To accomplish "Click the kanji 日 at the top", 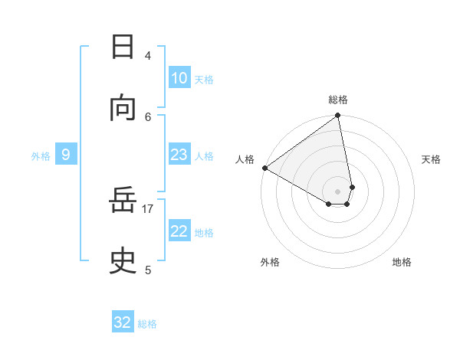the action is [x=123, y=47].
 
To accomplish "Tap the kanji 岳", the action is [x=123, y=201].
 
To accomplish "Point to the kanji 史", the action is [x=123, y=262].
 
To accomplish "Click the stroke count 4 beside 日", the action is [x=148, y=55].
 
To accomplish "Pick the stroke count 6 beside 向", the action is [x=148, y=116].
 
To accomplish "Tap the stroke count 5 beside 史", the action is [x=148, y=270].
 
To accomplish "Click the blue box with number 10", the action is [x=179, y=78].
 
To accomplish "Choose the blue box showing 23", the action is [x=179, y=155].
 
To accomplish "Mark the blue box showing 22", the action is [x=179, y=231].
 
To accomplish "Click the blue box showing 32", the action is [x=123, y=322].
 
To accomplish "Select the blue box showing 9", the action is [x=66, y=155].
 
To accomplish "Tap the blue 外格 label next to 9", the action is [x=41, y=156].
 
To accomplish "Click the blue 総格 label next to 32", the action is [x=147, y=324].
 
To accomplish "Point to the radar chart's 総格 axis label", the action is [x=338, y=100].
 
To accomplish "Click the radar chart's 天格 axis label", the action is [x=431, y=159].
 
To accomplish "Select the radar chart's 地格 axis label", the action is [x=402, y=262].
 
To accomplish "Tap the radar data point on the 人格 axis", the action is [x=264, y=168].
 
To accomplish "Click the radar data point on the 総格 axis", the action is [x=338, y=116].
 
